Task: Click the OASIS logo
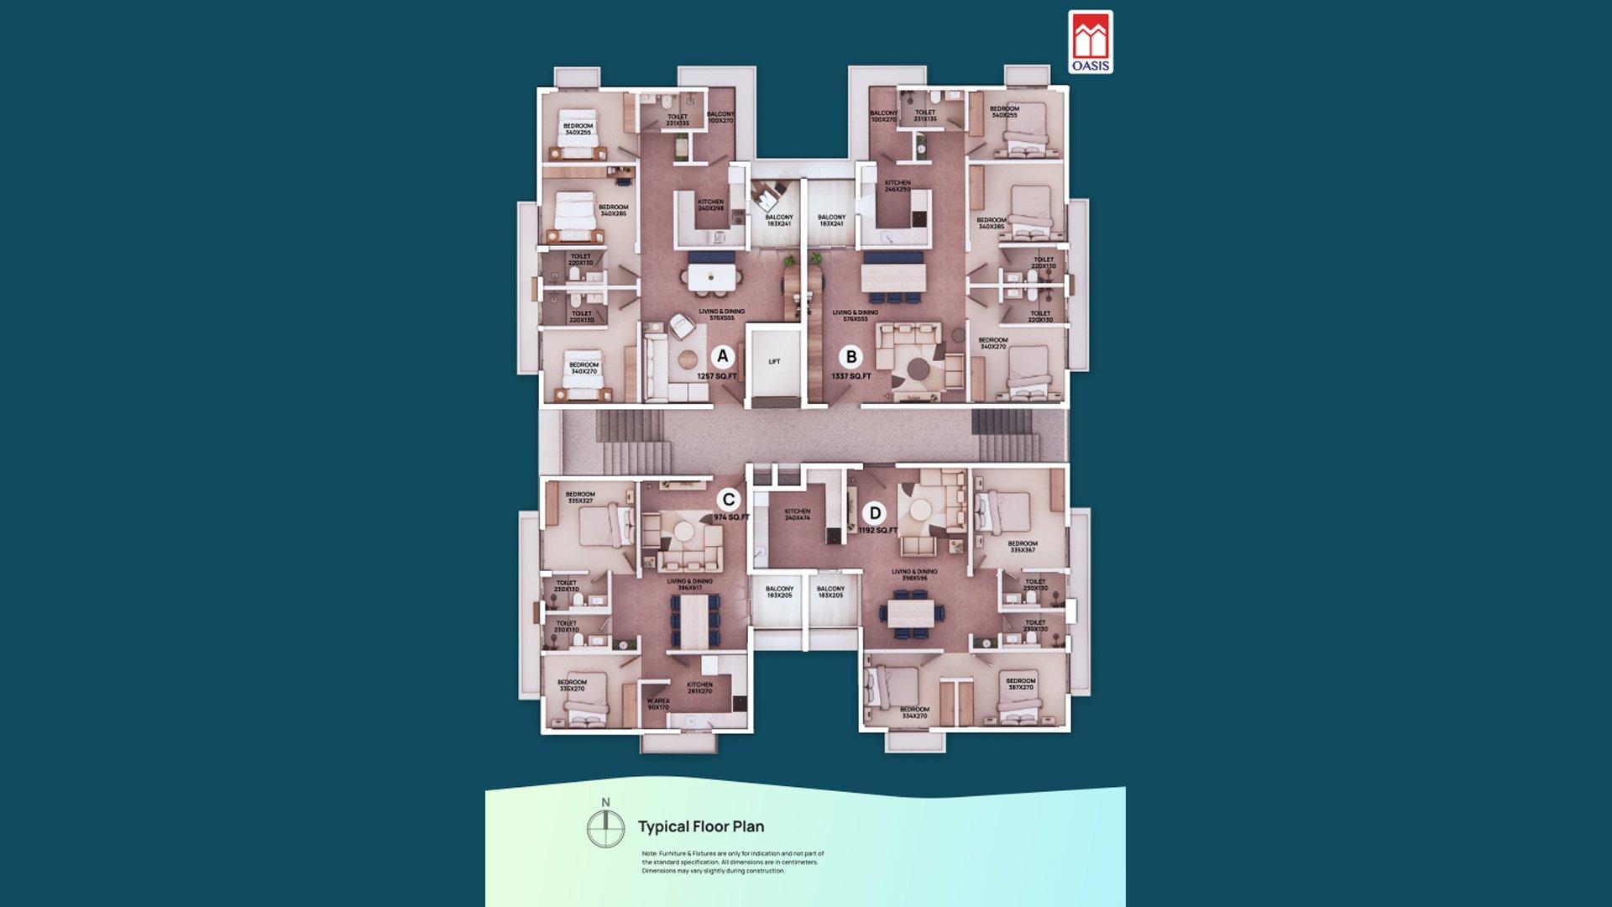pyautogui.click(x=1091, y=42)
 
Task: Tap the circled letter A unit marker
pyautogui.click(x=722, y=356)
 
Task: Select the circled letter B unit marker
pyautogui.click(x=851, y=357)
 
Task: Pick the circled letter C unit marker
pyautogui.click(x=728, y=500)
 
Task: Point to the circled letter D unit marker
pyautogui.click(x=875, y=513)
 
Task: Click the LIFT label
pyautogui.click(x=774, y=362)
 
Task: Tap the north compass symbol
pyautogui.click(x=605, y=828)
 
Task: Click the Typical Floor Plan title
pyautogui.click(x=701, y=826)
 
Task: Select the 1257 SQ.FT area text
pyautogui.click(x=716, y=376)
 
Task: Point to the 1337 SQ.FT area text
pyautogui.click(x=851, y=376)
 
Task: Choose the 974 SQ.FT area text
pyautogui.click(x=731, y=517)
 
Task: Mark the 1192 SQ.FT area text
pyautogui.click(x=877, y=531)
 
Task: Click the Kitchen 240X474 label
pyautogui.click(x=798, y=515)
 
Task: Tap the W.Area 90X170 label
pyautogui.click(x=658, y=704)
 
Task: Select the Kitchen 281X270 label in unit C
pyautogui.click(x=700, y=688)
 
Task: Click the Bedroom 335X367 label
pyautogui.click(x=1023, y=547)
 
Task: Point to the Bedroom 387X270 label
pyautogui.click(x=1021, y=684)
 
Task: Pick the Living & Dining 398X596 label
pyautogui.click(x=914, y=575)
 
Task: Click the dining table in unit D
pyautogui.click(x=910, y=612)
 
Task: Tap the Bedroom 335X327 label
pyautogui.click(x=580, y=498)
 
